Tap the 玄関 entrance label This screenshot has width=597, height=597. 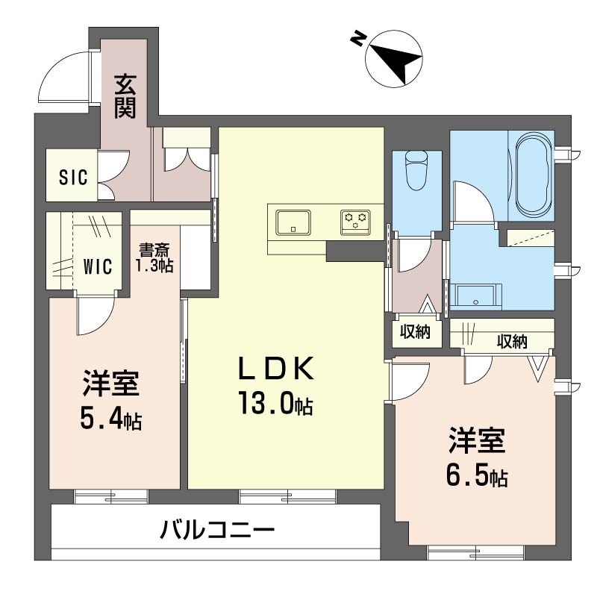coord(125,96)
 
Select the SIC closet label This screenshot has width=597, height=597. coord(73,178)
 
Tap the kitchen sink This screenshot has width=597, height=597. coord(293,222)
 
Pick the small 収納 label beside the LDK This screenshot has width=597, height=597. coord(415,332)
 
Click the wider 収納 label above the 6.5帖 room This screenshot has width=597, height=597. coord(512,342)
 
